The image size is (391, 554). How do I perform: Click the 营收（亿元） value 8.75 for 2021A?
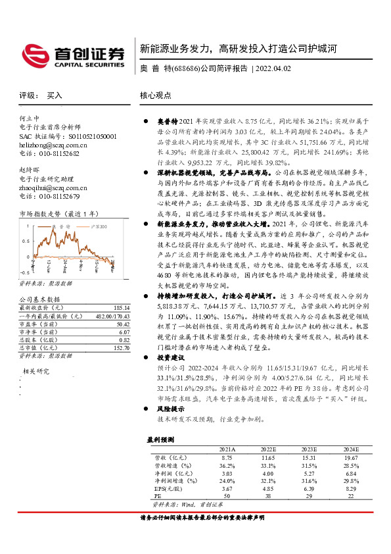(227, 456)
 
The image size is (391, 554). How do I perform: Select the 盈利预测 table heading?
(160, 439)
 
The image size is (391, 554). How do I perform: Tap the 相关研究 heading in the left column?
(37, 371)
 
